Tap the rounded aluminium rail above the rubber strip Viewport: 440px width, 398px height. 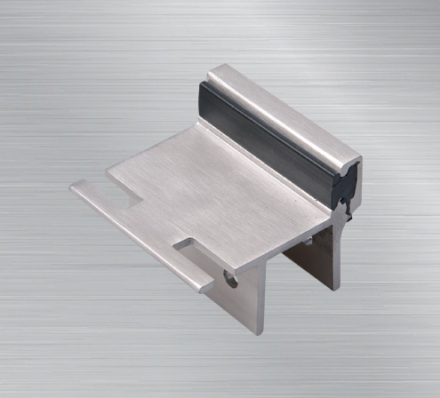click(284, 107)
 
